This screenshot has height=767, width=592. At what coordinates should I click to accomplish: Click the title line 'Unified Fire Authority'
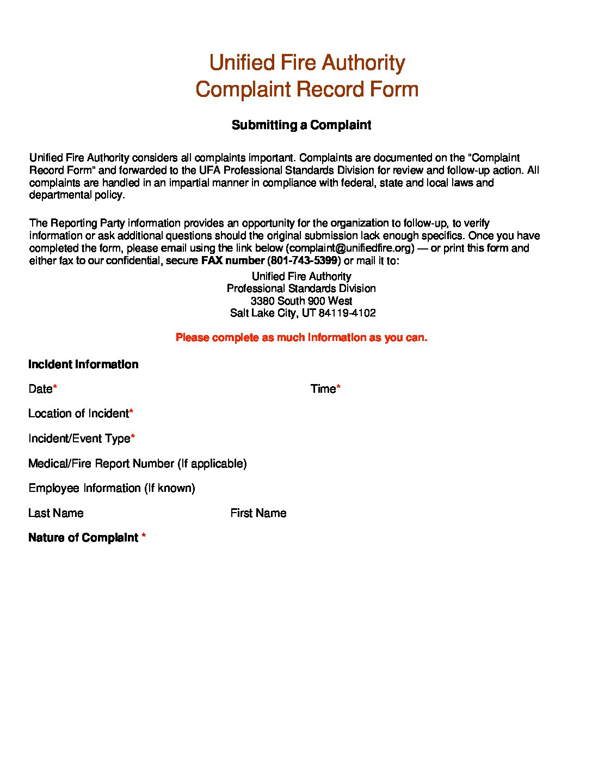pos(307,63)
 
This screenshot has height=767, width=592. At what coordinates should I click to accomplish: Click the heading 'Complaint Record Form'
pos(307,89)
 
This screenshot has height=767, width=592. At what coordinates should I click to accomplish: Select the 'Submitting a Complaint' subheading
pos(301,125)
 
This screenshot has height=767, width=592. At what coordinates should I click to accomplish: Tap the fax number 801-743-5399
pos(304,260)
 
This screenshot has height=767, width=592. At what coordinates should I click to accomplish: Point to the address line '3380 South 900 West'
pos(301,301)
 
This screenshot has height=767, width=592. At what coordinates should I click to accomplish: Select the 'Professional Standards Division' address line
pos(301,288)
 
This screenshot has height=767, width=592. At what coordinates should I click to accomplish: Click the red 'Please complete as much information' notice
pos(301,338)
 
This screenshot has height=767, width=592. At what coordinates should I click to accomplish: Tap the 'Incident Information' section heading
pos(83,364)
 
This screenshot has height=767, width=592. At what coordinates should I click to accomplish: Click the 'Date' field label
pos(40,389)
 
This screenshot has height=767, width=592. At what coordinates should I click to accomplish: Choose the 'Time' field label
pos(323,389)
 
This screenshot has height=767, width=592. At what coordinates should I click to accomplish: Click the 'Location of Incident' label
pos(78,413)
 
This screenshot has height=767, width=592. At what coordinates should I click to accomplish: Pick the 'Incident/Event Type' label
pos(79,439)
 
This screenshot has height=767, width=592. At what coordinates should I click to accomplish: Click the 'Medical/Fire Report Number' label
pos(137,464)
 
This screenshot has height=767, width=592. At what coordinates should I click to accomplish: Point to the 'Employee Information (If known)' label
pos(112,488)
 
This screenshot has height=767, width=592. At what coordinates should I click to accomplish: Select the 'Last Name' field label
pos(56,513)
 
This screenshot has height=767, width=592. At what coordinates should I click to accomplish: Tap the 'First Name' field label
pos(258,513)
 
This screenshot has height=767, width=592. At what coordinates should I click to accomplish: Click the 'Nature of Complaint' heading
pos(83,538)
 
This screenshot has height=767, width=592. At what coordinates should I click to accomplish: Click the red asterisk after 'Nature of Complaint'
pos(144,537)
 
